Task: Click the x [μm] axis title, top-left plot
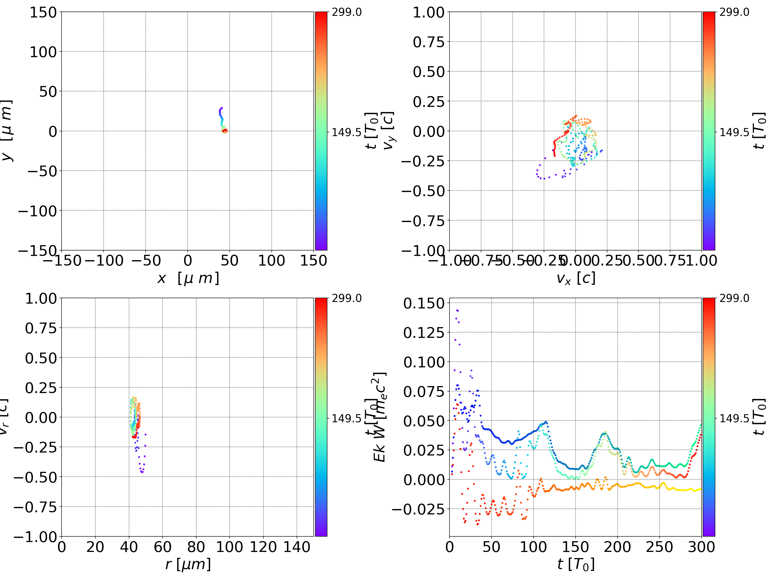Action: coord(188,278)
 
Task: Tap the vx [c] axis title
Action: coord(576,278)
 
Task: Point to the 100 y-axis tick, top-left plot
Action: coord(43,52)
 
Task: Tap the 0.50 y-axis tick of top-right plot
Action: coord(429,72)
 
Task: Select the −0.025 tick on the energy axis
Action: coord(418,509)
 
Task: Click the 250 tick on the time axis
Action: coord(659,547)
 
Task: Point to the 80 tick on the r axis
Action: coord(196,547)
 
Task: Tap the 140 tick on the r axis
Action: coord(297,547)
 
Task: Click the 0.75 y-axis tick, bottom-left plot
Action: coord(41,328)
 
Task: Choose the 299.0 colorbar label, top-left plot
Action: coord(346,12)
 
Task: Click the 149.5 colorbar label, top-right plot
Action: coord(734,132)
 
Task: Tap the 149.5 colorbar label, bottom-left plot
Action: coord(346,418)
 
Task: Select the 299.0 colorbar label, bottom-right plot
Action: coord(734,298)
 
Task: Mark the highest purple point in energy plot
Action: coord(457,310)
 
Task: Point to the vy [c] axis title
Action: coord(388,131)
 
